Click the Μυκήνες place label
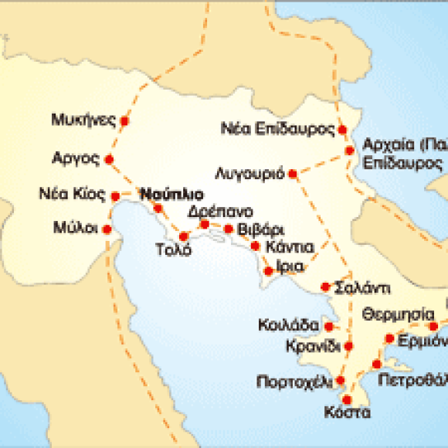click(x=83, y=120)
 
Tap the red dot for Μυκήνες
click(x=125, y=121)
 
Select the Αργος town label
click(x=76, y=159)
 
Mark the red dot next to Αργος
click(x=108, y=160)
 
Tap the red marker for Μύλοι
click(x=107, y=229)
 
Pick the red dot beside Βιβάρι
click(x=229, y=229)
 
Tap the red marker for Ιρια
click(x=268, y=270)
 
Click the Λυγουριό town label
click(x=250, y=172)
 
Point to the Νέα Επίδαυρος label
click(x=276, y=128)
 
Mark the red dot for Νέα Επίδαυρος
click(x=341, y=129)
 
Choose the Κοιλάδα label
click(x=285, y=324)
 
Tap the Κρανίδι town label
click(x=311, y=344)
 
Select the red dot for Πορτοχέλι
click(x=341, y=379)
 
